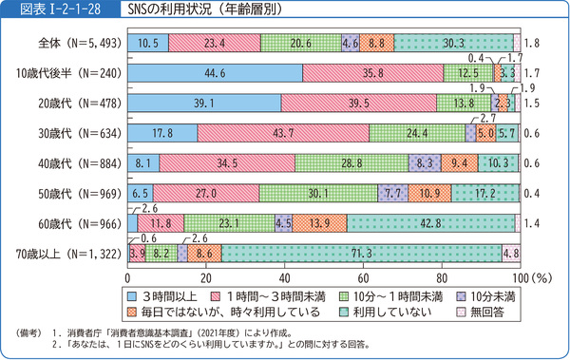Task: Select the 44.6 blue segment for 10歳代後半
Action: pos(215,73)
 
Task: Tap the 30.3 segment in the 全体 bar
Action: pos(452,43)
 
